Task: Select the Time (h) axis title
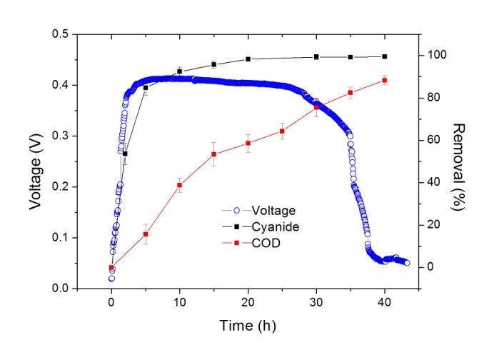click(x=248, y=326)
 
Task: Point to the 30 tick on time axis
click(x=316, y=302)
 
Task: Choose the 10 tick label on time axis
click(x=179, y=302)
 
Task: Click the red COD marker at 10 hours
click(x=180, y=185)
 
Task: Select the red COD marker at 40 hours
click(x=385, y=81)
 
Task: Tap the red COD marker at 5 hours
click(x=146, y=234)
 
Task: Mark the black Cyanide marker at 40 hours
click(x=385, y=56)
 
